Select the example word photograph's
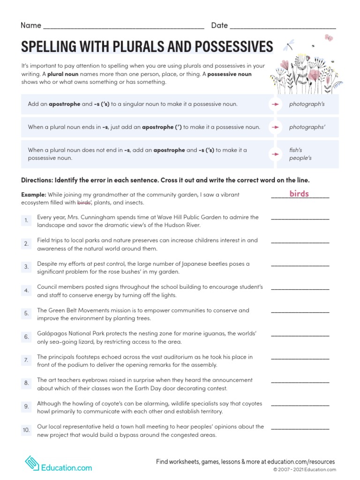point(307,104)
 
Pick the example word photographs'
point(307,127)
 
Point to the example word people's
point(300,158)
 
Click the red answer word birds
point(299,194)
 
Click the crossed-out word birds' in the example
point(83,203)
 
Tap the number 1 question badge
point(26,220)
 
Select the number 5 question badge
point(26,313)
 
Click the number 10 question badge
point(26,430)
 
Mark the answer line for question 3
point(300,265)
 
